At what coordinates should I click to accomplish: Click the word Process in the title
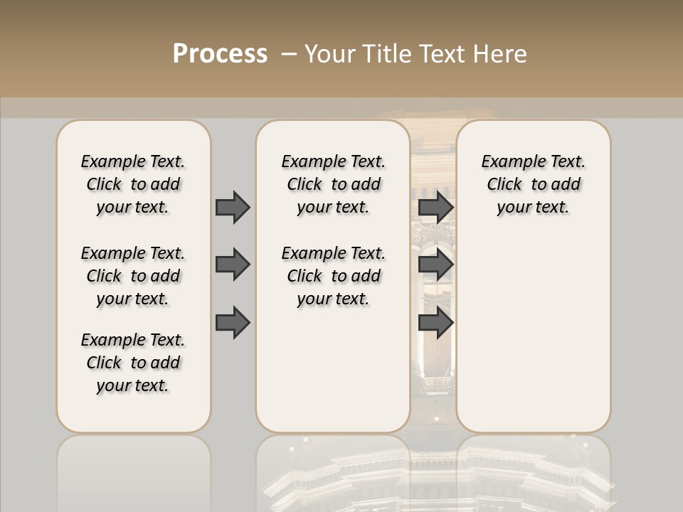coord(220,54)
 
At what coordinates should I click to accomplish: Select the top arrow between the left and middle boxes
coord(233,207)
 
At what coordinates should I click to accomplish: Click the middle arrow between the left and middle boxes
coord(233,265)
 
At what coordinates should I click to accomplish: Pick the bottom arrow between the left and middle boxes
coord(233,322)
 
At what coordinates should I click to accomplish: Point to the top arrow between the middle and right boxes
coord(435,207)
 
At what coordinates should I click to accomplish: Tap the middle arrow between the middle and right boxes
coord(435,265)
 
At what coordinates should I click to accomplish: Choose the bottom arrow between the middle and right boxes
coord(435,322)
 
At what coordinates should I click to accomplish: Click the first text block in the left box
coord(133,184)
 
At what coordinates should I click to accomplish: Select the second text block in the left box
coord(133,276)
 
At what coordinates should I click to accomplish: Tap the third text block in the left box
coord(133,363)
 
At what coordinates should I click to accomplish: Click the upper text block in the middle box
coord(333,184)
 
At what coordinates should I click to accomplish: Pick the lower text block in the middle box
coord(333,276)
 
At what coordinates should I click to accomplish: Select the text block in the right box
coord(534,184)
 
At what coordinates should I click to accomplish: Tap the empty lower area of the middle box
coord(333,370)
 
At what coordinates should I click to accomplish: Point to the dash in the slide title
coord(289,54)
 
